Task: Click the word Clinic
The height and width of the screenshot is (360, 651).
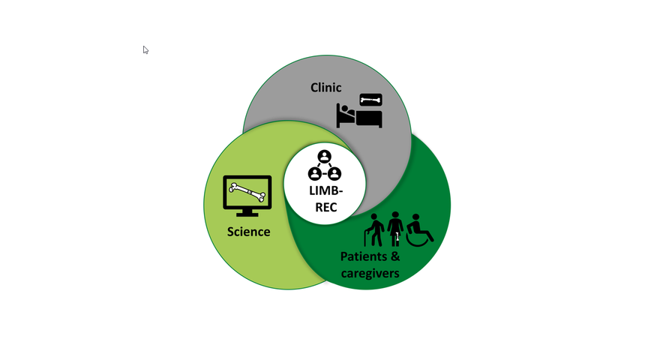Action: (325, 88)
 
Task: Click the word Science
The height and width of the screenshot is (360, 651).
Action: (248, 232)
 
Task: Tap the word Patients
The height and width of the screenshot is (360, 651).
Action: (364, 256)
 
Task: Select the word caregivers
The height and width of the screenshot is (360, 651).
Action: (370, 274)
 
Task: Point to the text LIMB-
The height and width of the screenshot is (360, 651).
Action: (325, 190)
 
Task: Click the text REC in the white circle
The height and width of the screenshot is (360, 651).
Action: (325, 207)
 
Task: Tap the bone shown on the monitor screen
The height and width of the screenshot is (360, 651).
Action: (247, 193)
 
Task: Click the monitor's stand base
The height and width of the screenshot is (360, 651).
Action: (247, 214)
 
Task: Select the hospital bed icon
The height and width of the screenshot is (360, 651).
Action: (359, 116)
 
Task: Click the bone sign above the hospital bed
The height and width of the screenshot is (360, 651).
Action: (370, 100)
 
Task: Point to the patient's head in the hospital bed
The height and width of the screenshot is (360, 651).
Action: (343, 109)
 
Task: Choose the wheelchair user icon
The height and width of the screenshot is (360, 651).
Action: (418, 230)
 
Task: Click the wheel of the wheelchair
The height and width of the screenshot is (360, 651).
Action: (416, 238)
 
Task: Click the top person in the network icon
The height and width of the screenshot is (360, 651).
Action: (324, 157)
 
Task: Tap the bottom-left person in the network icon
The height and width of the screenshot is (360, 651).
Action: (315, 174)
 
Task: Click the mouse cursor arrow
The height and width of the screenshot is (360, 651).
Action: (145, 50)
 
